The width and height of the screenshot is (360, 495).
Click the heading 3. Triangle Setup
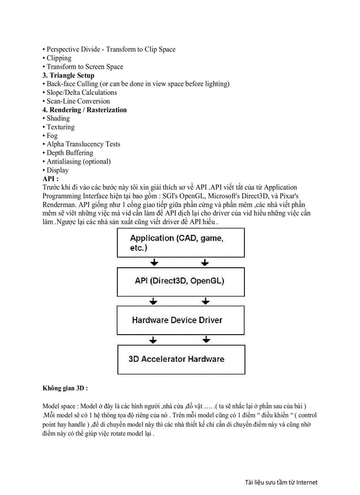68,75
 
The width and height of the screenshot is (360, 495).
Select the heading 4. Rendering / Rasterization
85,110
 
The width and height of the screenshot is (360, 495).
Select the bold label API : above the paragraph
50,179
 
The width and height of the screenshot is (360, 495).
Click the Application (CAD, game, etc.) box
180,243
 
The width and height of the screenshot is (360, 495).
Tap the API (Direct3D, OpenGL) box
180,281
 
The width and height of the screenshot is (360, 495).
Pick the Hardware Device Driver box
180,320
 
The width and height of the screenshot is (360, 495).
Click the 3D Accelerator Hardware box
180,359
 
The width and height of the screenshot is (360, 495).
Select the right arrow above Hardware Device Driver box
205,301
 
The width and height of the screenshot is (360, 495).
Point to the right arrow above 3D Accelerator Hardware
205,340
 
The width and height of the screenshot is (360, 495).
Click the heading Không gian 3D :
65,388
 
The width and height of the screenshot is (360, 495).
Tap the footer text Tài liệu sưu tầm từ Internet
281,482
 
